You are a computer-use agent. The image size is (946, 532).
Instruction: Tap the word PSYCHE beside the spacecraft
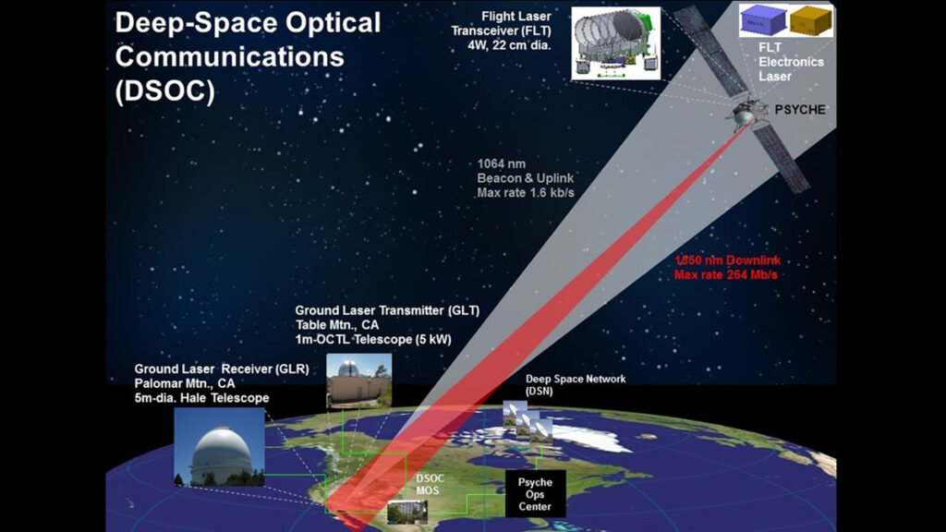click(800, 109)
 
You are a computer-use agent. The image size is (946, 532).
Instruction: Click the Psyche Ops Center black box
click(534, 493)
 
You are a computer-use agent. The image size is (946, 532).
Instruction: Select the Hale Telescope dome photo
click(219, 447)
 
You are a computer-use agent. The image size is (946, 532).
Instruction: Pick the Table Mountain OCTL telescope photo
click(359, 381)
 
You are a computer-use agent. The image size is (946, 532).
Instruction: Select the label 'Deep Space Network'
click(576, 379)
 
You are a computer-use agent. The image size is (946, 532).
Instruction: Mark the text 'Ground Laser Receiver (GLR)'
click(221, 369)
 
